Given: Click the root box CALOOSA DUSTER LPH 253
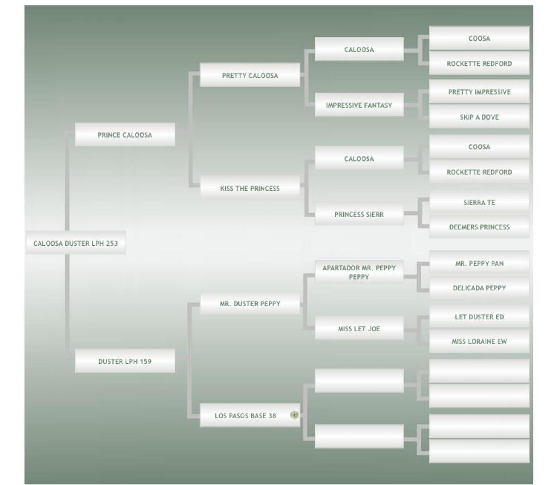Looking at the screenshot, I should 76,243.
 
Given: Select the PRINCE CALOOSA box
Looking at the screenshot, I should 125,135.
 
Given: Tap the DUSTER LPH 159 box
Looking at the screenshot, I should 125,361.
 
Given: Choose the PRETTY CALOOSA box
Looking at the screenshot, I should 250,76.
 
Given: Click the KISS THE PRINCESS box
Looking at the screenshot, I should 250,188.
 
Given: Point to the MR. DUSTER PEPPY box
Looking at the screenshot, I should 250,303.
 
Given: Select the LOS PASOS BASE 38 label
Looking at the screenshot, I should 245,415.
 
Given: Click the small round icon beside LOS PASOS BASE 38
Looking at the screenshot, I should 294,415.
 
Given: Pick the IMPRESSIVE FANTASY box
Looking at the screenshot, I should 359,105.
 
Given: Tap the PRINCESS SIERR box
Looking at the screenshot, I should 359,214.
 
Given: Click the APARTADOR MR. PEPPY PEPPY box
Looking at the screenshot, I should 359,272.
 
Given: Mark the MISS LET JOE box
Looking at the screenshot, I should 359,328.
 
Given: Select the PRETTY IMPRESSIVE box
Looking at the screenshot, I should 479,92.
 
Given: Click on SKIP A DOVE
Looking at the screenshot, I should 479,117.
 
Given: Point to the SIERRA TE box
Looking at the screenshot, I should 479,202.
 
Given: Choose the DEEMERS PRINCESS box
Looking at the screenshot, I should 479,227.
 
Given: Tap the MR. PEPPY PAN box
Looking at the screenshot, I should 479,263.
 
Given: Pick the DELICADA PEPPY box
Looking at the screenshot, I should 479,288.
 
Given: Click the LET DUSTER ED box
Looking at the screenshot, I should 479,316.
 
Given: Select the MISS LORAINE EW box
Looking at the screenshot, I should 479,341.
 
